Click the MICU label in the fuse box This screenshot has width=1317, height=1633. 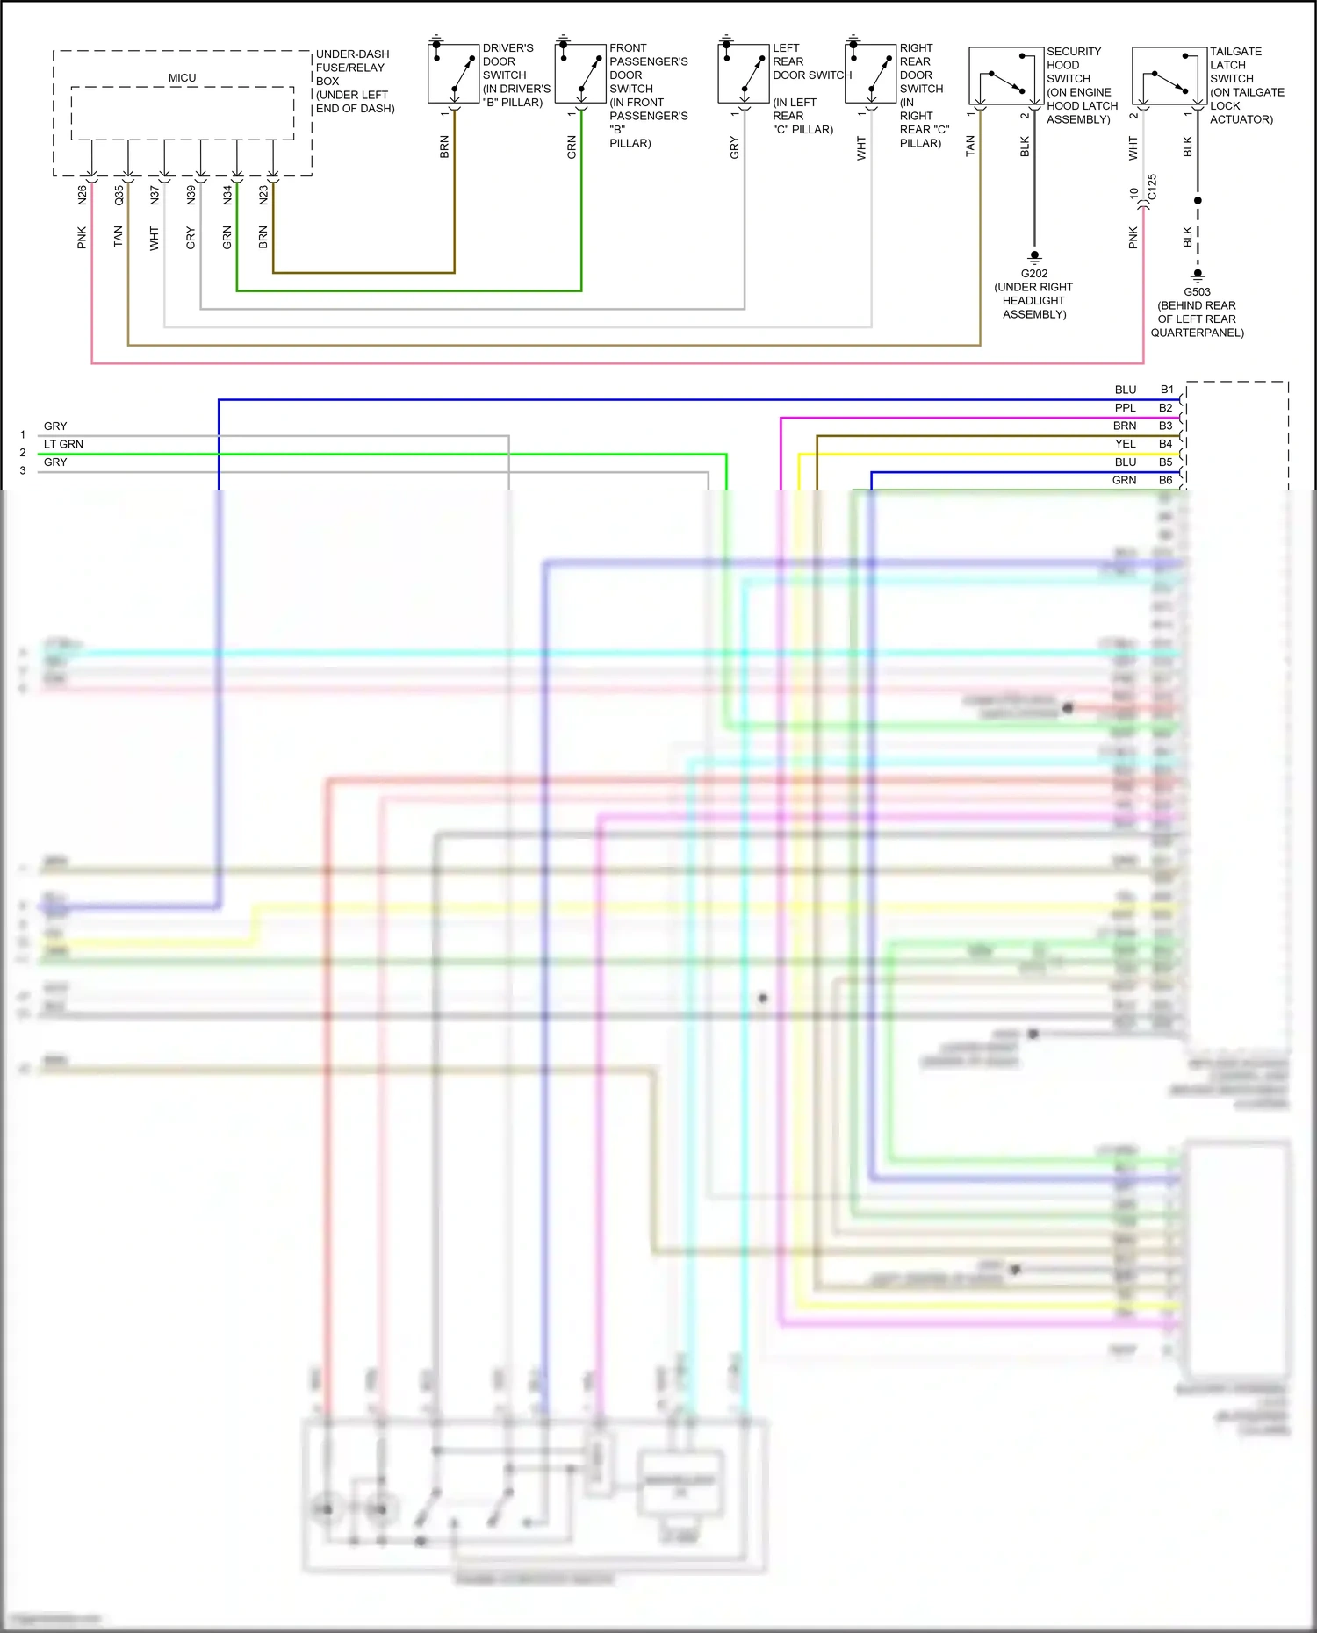point(182,78)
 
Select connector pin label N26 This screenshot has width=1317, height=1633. point(83,195)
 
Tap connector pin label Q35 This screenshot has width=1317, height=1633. point(119,195)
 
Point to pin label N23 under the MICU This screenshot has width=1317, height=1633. point(263,195)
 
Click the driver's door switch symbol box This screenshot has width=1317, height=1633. point(453,73)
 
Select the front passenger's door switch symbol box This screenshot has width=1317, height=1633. point(580,73)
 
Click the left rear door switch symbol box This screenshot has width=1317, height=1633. point(744,73)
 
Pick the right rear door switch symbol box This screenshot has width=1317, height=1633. point(870,73)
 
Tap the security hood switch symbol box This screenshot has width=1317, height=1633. point(1006,76)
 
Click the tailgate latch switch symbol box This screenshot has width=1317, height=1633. point(1169,76)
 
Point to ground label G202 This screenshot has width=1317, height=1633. point(1034,273)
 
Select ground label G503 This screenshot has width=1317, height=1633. point(1197,292)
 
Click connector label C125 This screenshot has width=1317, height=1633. point(1152,186)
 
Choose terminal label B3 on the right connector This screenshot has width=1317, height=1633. point(1165,426)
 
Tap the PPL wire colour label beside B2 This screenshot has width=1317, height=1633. point(1125,408)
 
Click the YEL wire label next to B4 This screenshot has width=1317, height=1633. point(1125,444)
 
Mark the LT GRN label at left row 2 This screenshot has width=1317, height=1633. point(63,444)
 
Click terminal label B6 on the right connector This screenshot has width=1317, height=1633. point(1165,480)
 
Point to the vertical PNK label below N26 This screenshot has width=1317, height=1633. point(83,237)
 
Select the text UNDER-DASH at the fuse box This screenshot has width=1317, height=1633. point(352,54)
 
